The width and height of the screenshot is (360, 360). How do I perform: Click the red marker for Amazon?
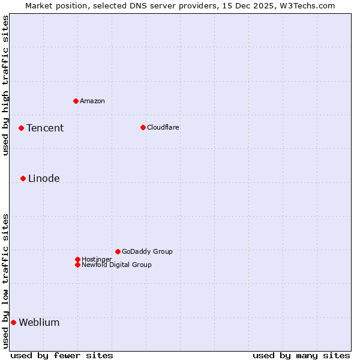[x=76, y=101]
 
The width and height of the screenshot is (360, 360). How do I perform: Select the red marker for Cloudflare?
[x=143, y=127]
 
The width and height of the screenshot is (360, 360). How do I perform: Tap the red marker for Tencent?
[x=21, y=128]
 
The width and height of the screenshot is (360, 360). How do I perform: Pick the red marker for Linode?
[x=23, y=178]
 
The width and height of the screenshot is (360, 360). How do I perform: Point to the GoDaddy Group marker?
[x=118, y=251]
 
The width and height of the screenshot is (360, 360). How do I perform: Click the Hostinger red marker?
[x=77, y=259]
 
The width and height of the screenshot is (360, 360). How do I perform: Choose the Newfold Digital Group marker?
[x=77, y=265]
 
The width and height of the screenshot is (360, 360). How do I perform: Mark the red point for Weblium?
[x=13, y=322]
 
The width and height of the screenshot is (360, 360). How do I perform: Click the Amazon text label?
[x=92, y=101]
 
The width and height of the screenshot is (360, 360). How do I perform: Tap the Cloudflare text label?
[x=163, y=127]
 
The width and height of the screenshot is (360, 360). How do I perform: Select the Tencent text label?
[x=45, y=128]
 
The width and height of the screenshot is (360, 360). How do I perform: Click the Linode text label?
[x=44, y=178]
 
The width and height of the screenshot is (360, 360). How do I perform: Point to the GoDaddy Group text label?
[x=147, y=251]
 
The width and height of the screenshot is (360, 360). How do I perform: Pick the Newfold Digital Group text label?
[x=116, y=265]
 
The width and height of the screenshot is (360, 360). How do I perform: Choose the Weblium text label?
[x=39, y=322]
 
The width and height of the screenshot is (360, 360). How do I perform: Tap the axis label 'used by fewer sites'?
[x=62, y=355]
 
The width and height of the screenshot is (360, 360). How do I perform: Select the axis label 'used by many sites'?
[x=301, y=355]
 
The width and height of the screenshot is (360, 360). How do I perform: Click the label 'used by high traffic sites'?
[x=5, y=85]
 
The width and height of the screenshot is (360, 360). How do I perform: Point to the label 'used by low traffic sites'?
[x=5, y=281]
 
